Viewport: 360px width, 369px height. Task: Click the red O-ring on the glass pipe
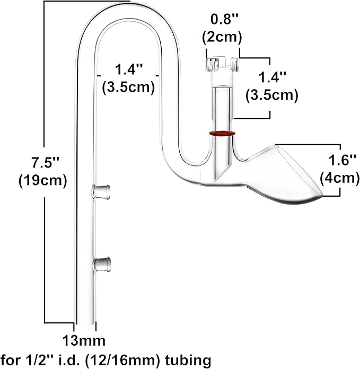point(221,134)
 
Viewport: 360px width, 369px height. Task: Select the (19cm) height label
point(42,180)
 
